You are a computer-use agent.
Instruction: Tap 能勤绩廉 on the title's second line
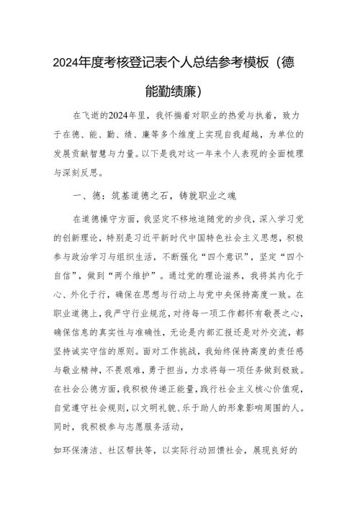(173, 91)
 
